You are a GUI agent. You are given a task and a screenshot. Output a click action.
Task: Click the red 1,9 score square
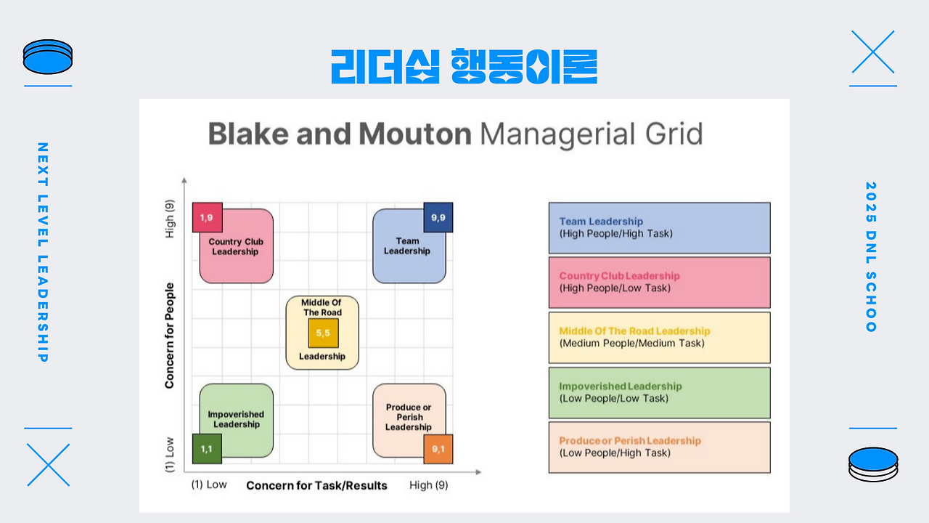208,217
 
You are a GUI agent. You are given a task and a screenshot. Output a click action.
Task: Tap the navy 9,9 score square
438,217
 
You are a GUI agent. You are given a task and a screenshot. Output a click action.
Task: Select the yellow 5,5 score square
323,333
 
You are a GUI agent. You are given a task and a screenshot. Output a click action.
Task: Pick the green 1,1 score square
207,449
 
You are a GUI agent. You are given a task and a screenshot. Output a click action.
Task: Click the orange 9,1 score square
438,449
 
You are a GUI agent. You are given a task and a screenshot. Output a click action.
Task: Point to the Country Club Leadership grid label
236,246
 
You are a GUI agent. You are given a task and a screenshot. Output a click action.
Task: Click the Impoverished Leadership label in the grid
236,419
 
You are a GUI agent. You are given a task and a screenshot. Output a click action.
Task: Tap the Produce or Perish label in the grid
409,417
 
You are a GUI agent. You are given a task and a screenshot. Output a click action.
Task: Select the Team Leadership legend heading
601,222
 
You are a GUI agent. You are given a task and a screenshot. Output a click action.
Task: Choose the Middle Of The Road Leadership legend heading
634,331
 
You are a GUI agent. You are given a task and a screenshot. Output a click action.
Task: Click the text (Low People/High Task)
615,453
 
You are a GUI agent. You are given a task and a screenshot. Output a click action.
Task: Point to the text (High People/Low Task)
615,288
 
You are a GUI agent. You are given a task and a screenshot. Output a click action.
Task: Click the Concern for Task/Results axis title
316,485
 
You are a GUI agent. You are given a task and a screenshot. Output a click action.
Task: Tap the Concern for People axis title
169,336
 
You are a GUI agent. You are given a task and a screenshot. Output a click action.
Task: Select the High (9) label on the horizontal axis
428,485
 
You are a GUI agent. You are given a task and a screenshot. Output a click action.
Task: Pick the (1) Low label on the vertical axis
170,455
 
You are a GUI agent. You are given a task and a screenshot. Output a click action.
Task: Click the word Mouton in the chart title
414,134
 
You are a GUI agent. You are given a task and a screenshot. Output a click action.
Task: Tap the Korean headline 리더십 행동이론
464,66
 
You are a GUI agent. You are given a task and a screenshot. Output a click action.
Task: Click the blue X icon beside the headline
873,52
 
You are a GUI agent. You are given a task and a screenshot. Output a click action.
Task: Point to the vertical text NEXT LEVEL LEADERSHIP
43,252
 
